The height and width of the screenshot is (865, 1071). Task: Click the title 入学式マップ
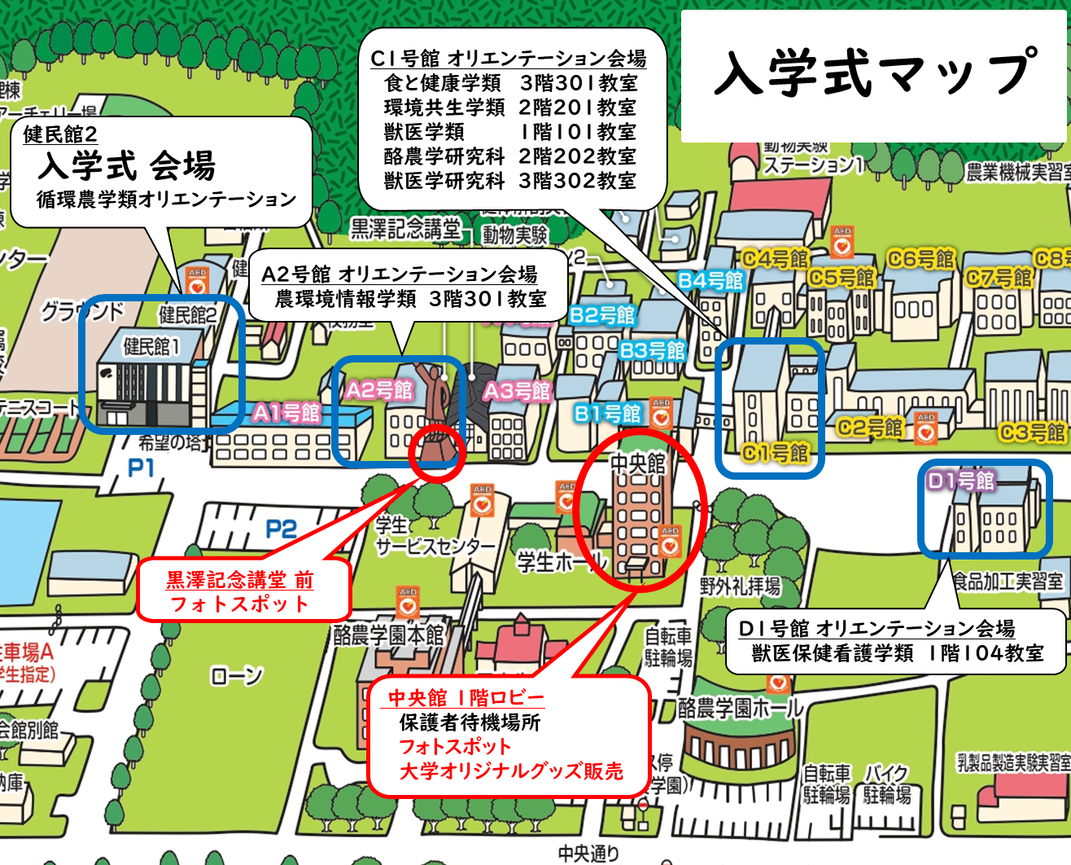click(875, 73)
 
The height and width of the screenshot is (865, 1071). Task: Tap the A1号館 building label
click(286, 413)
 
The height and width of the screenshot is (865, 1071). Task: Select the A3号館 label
click(518, 392)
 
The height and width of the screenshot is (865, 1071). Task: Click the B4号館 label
click(711, 281)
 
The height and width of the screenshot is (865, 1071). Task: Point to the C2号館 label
click(870, 427)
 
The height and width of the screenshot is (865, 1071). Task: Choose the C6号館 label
click(920, 259)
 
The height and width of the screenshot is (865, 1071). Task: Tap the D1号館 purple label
click(961, 481)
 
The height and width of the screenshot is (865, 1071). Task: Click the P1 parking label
click(141, 468)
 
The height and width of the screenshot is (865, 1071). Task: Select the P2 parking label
click(281, 529)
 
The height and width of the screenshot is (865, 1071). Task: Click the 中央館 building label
click(638, 463)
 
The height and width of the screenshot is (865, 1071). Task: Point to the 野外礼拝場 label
click(740, 586)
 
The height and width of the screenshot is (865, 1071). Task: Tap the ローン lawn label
click(236, 675)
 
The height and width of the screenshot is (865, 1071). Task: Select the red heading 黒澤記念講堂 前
click(239, 580)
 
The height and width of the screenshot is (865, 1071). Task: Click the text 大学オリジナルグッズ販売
click(511, 771)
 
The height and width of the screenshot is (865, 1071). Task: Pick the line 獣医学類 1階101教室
click(509, 132)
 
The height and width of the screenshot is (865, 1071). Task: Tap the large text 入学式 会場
click(126, 166)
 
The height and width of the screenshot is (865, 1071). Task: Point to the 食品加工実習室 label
click(1008, 582)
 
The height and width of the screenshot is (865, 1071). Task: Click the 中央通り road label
click(588, 853)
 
